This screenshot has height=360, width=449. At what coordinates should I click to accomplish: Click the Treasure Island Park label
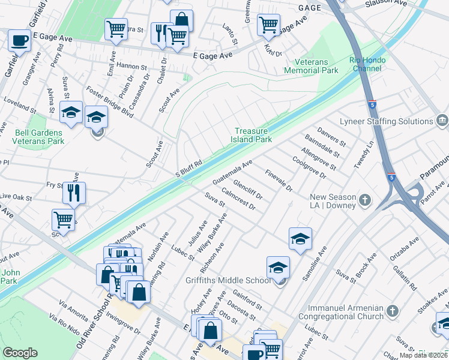coord(253,135)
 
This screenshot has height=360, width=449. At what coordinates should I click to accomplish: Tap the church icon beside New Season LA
coord(364,199)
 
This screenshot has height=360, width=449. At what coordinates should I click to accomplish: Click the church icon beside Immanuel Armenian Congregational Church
coord(393,311)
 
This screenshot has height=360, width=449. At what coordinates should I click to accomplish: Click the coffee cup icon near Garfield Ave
coord(19,41)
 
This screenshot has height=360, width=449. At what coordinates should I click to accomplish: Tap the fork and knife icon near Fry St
coord(74,193)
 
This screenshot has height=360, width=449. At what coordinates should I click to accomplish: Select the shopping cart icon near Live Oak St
coord(63,219)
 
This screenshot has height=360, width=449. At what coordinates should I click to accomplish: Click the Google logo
coord(20,352)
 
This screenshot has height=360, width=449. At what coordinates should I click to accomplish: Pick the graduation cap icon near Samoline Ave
coord(300,238)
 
